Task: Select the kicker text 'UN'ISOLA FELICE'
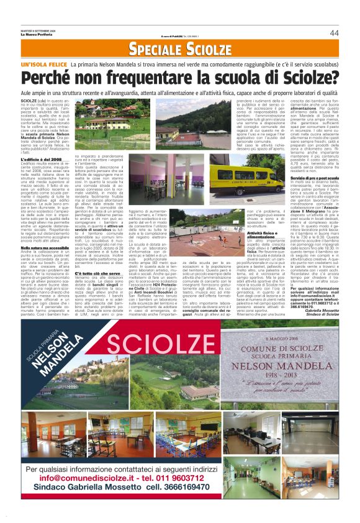click(x=43, y=64)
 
